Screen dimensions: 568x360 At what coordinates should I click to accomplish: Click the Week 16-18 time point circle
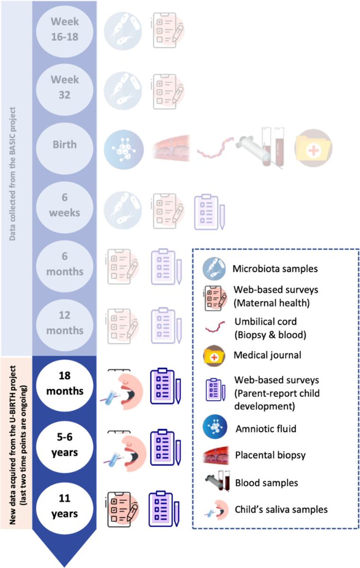coord(65,29)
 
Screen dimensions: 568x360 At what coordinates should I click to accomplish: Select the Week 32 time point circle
coord(65,88)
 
